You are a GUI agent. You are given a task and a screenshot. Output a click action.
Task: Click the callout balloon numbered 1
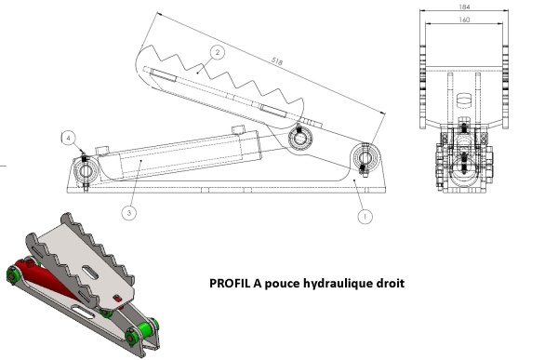click(x=365, y=217)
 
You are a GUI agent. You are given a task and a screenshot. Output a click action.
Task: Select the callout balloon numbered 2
click(x=217, y=53)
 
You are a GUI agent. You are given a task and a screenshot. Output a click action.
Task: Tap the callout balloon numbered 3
click(x=129, y=213)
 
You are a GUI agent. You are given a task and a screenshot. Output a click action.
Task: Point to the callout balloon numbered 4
click(x=69, y=138)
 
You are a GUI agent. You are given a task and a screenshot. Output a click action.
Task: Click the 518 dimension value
click(x=277, y=61)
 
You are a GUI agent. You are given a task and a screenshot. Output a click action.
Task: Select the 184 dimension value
click(x=464, y=7)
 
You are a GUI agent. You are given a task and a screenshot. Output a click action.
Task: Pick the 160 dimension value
click(x=464, y=20)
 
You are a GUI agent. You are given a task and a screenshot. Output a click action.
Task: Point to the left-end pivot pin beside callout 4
click(x=86, y=171)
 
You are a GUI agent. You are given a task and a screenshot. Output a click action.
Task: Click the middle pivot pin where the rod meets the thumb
click(x=300, y=137)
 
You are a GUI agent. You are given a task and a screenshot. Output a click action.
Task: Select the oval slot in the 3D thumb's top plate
click(x=90, y=273)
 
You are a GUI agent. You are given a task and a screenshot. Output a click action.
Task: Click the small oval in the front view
click(x=464, y=100)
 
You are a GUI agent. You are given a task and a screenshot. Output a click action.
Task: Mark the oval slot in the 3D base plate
click(x=84, y=313)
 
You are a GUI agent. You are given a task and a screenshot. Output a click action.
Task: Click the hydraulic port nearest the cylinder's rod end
click(x=238, y=129)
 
